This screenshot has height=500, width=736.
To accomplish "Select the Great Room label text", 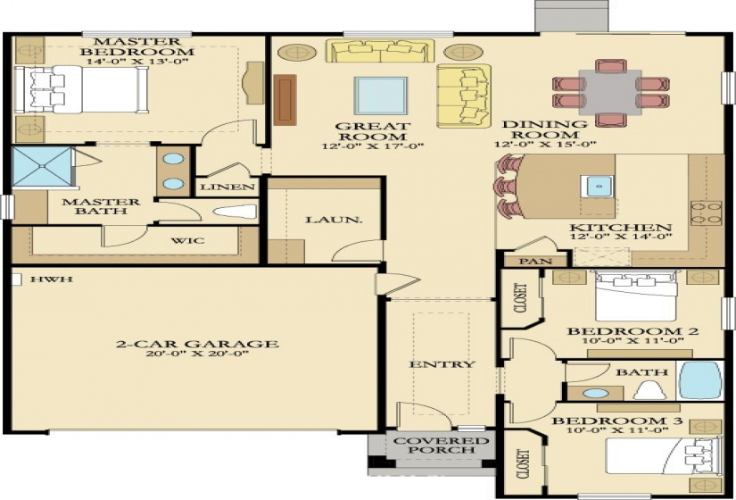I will tap(373, 132).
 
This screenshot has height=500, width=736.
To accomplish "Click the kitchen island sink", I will tap(597, 187).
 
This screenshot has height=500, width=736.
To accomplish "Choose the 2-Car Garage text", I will tap(197, 344).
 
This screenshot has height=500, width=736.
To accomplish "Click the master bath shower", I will tap(41, 168).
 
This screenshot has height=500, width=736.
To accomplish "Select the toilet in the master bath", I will tap(236, 212).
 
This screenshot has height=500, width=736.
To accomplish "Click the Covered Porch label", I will tap(429, 446).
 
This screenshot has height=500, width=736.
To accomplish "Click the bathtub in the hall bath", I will tap(699, 381).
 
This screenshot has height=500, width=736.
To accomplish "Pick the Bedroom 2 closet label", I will tap(520, 299).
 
